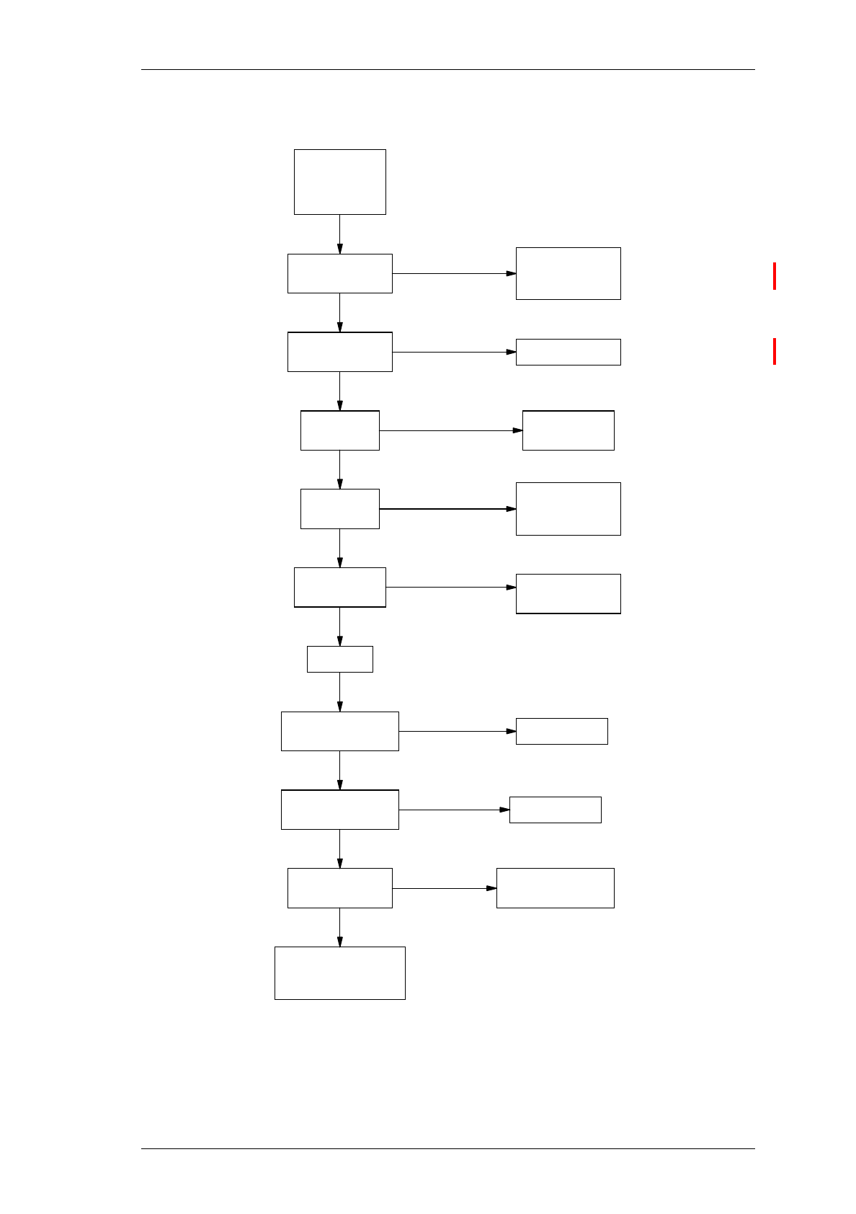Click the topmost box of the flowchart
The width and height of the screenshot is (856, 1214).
(339, 182)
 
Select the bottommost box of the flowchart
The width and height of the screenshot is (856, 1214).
(339, 972)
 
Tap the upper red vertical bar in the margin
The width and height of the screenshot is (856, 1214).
(775, 276)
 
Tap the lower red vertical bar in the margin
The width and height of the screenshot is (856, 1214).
(775, 351)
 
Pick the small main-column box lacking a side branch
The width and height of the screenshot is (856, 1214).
(339, 659)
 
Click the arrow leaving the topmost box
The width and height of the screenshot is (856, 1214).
(339, 234)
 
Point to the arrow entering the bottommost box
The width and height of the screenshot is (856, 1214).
(339, 927)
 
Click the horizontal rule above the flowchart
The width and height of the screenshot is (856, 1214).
(447, 70)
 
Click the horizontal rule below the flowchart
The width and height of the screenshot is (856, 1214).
(447, 1148)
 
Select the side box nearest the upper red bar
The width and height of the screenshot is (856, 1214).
(568, 273)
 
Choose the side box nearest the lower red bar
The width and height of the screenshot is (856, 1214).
(568, 352)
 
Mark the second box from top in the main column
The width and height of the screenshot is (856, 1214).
(339, 273)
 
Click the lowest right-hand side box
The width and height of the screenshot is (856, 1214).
(555, 887)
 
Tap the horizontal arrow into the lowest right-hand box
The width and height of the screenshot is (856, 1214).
(444, 888)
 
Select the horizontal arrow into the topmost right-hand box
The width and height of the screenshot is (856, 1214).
(454, 273)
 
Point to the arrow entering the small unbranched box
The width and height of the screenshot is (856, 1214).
(339, 626)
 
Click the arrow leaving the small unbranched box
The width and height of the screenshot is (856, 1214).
(339, 692)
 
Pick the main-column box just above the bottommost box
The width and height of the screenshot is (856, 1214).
(339, 887)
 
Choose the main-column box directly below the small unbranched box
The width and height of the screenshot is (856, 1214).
(339, 731)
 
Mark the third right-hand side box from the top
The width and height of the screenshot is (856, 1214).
(568, 430)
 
